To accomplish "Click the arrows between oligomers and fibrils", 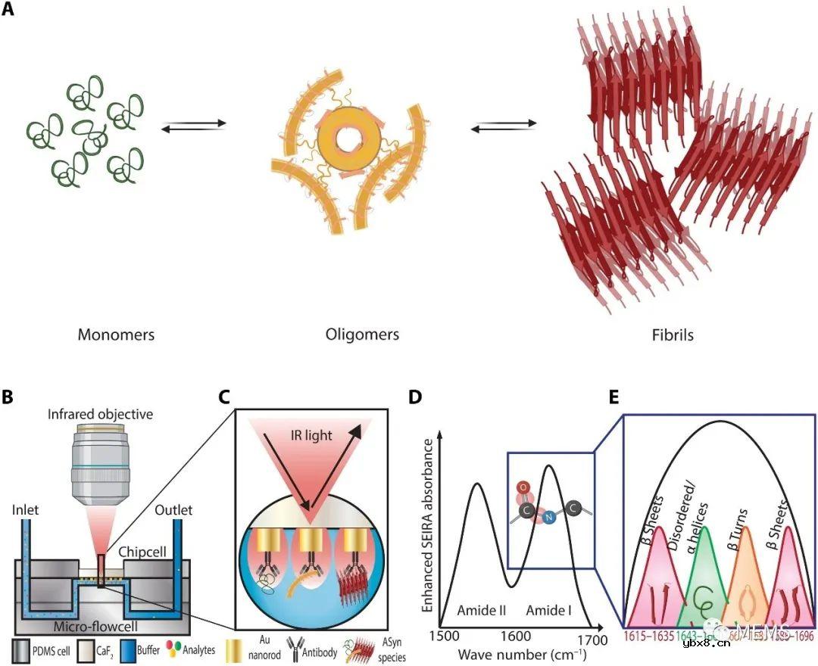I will point(504,126).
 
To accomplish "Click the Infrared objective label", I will point(100,414).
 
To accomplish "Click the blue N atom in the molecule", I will point(548,517).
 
